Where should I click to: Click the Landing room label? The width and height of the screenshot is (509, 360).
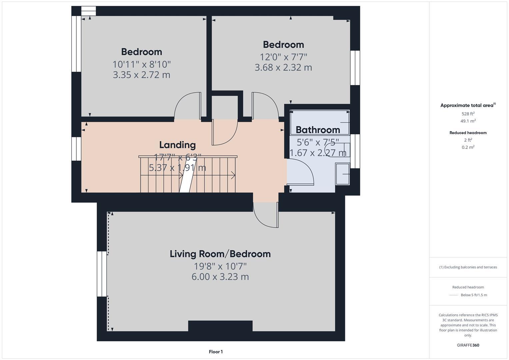coord(177,145)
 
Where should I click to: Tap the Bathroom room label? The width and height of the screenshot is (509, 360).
coord(318,130)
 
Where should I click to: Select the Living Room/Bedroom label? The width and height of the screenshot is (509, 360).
coord(220,254)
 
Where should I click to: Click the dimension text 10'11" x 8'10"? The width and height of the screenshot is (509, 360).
coord(142,64)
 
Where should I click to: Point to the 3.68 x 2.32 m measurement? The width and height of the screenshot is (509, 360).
coord(283,68)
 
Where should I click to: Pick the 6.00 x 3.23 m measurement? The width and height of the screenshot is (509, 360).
coord(220,277)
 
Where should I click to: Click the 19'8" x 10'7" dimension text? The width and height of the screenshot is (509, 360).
coord(220,266)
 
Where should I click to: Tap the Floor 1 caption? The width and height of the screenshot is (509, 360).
coord(216,352)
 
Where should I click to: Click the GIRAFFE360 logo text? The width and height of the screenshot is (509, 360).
coord(468,345)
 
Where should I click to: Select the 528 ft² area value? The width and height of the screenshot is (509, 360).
coord(468,114)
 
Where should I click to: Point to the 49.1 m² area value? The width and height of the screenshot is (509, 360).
coord(468,121)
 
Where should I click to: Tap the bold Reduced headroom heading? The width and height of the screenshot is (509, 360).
coord(468,133)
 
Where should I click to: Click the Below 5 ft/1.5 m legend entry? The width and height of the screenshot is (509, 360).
coord(473,295)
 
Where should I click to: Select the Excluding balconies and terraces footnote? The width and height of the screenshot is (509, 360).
coord(468,267)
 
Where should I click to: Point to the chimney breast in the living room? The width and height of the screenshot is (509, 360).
coord(220,326)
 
